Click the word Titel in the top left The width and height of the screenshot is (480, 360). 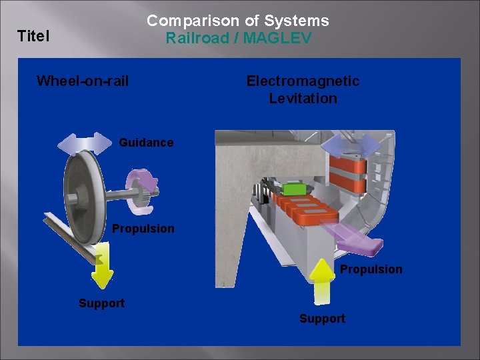pos(33,35)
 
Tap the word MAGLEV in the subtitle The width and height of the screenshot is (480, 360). pos(277,38)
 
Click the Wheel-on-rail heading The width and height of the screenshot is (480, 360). pos(83,81)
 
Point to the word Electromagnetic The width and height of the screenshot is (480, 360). pos(303,81)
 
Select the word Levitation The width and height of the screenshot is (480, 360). pos(303,99)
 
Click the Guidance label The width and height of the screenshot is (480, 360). pos(146,143)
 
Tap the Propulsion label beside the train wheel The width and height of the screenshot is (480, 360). pos(143,229)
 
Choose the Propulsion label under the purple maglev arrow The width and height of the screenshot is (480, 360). pos(371,269)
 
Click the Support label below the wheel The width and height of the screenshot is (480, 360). pos(101,303)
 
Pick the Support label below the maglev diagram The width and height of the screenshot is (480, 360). pos(322,319)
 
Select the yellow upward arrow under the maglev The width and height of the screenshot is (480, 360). pos(322,280)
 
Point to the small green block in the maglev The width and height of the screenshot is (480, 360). pos(291,189)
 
